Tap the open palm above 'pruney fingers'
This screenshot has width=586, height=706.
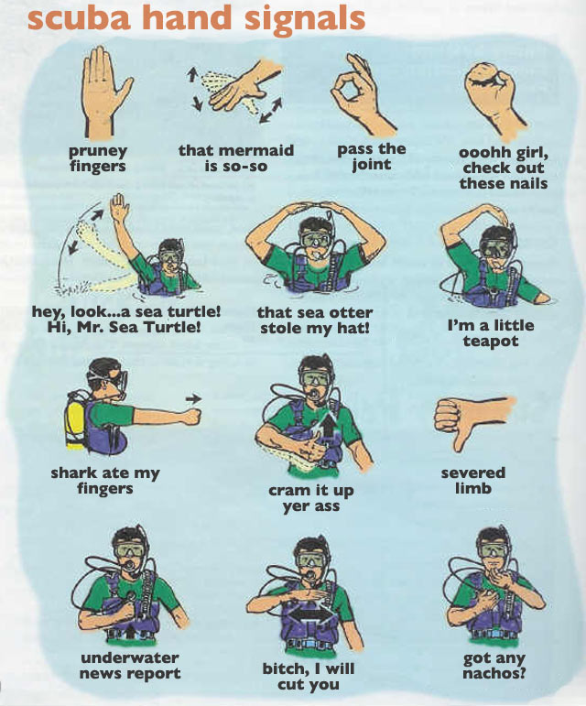pyautogui.click(x=105, y=91)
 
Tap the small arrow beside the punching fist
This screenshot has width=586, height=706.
pyautogui.click(x=193, y=398)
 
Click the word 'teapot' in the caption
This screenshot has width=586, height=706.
pyautogui.click(x=491, y=341)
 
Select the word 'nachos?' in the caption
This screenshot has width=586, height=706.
pyautogui.click(x=494, y=674)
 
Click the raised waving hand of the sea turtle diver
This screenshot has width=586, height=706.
pyautogui.click(x=117, y=207)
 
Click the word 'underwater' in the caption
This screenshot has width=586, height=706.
pyautogui.click(x=130, y=657)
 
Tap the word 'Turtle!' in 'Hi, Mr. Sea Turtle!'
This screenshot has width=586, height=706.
pyautogui.click(x=172, y=327)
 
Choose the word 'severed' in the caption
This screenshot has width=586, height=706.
pyautogui.click(x=473, y=472)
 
